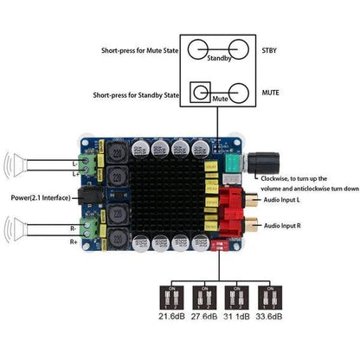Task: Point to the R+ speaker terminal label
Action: point(74,242)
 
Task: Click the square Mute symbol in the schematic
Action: point(203,88)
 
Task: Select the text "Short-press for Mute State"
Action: point(129,49)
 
